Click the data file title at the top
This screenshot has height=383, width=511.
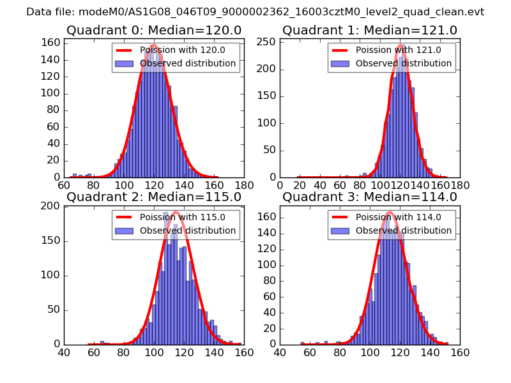[256, 11]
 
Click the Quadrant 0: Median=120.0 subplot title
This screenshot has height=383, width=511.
[153, 30]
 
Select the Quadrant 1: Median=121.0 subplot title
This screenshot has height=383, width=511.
[370, 30]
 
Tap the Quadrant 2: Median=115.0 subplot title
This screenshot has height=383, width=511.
[153, 197]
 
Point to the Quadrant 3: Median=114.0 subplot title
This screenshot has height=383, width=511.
[370, 197]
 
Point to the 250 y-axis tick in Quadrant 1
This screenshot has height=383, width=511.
[268, 42]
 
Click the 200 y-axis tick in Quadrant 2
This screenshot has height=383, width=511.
[52, 206]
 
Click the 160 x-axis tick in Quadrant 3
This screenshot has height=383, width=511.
[459, 352]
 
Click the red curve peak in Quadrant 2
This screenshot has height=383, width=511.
[176, 212]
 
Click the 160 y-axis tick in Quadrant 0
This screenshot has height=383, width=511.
[52, 43]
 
